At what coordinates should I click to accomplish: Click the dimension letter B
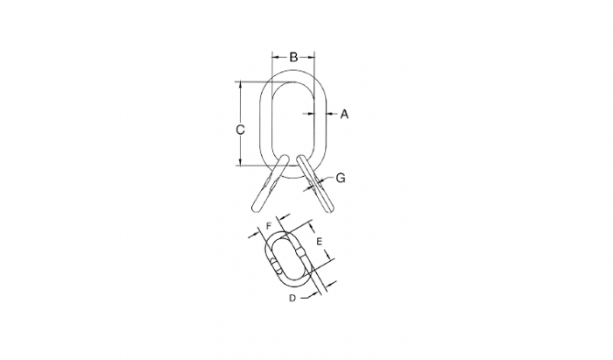[x=293, y=57]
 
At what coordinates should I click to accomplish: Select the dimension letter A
[x=344, y=114]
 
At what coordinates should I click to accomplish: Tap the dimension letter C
[x=241, y=130]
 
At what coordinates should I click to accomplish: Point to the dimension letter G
[x=341, y=178]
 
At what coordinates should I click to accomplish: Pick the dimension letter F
[x=269, y=226]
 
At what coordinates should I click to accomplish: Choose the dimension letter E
[x=319, y=242]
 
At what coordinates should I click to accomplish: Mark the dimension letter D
[x=292, y=298]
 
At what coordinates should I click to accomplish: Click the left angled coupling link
[x=271, y=183]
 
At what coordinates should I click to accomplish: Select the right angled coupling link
[x=315, y=183]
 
